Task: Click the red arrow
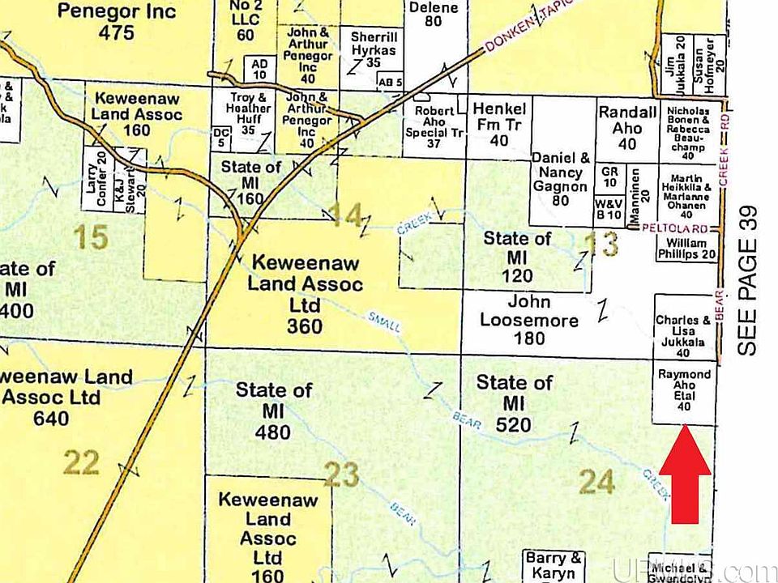[x=685, y=470]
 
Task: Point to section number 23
[x=341, y=474]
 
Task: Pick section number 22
[x=81, y=463]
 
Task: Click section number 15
[x=90, y=237]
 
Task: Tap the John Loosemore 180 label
[x=528, y=320]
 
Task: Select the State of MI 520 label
[x=515, y=402]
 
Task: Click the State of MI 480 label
[x=274, y=411]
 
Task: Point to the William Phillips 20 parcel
[x=686, y=249]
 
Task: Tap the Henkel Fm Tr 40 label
[x=499, y=124]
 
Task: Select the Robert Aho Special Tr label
[x=433, y=127]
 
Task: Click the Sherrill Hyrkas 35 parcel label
[x=374, y=50]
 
